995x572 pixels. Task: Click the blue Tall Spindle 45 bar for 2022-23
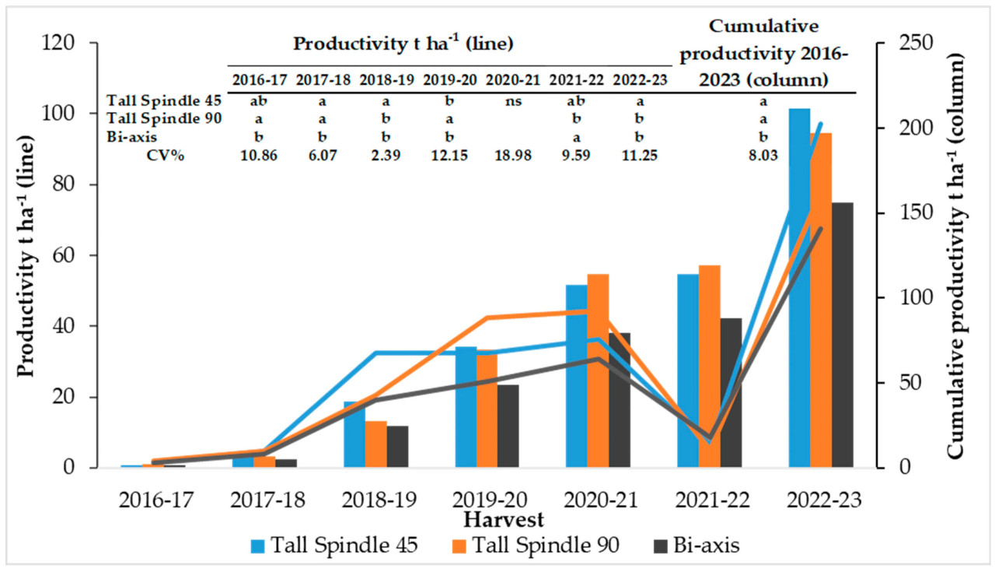[x=799, y=288]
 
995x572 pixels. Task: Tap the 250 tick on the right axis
[x=909, y=43]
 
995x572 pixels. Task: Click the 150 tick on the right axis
[x=909, y=213]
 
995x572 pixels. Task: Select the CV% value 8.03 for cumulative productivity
[x=764, y=155]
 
